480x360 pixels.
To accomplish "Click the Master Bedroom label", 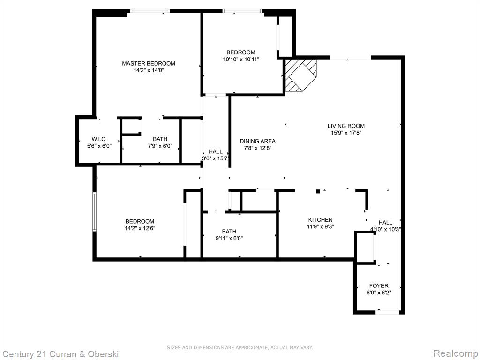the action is click(x=149, y=63).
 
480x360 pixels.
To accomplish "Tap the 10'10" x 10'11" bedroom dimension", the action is click(x=241, y=59).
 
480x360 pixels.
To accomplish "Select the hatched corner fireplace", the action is click(x=300, y=75).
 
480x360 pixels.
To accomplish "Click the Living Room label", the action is click(x=346, y=126).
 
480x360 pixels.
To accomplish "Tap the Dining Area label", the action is click(x=257, y=141).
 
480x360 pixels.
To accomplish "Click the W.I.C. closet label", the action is click(x=99, y=139).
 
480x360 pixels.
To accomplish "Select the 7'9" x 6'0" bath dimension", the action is click(x=160, y=146).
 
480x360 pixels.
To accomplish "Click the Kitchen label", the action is click(x=320, y=219).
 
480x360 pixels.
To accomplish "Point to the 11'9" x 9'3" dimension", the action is click(x=320, y=226).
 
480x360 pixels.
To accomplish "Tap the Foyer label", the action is click(x=379, y=285).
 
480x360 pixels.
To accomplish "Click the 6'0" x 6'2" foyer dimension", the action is click(x=379, y=292).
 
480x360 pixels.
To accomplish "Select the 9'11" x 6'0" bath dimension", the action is click(x=229, y=238).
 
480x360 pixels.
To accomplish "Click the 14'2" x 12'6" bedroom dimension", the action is click(x=140, y=228).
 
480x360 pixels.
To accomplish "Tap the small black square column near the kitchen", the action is click(x=318, y=191).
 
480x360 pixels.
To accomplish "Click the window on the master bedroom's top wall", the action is click(x=150, y=11).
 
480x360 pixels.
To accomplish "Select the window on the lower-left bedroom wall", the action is click(x=95, y=211).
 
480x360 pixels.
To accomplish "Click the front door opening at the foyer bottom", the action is click(x=387, y=312).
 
